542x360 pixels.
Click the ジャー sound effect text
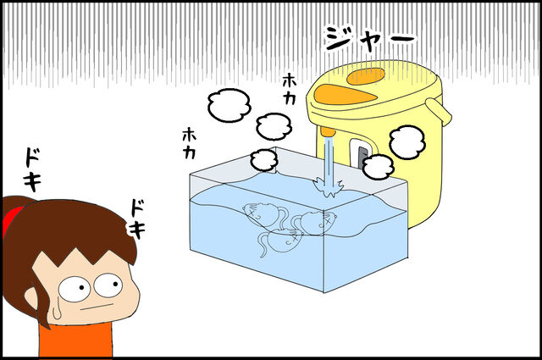pyautogui.click(x=370, y=39)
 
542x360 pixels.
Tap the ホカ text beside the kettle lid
pyautogui.click(x=290, y=89)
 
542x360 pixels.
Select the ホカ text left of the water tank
pyautogui.click(x=189, y=143)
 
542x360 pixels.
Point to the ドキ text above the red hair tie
pyautogui.click(x=33, y=169)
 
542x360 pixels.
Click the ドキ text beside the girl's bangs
pyautogui.click(x=137, y=219)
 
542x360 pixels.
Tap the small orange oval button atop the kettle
pyautogui.click(x=366, y=76)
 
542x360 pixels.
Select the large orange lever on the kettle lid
pyautogui.click(x=345, y=95)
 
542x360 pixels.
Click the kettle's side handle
pyautogui.click(x=439, y=112)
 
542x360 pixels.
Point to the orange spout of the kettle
pyautogui.click(x=328, y=132)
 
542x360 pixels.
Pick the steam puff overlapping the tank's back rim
pyautogui.click(x=264, y=160)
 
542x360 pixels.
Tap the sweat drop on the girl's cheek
pyautogui.click(x=57, y=312)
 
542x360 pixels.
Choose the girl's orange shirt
pyautogui.click(x=75, y=340)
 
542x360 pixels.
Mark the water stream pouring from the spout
pyautogui.click(x=328, y=159)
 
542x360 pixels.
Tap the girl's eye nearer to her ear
pyautogui.click(x=75, y=288)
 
